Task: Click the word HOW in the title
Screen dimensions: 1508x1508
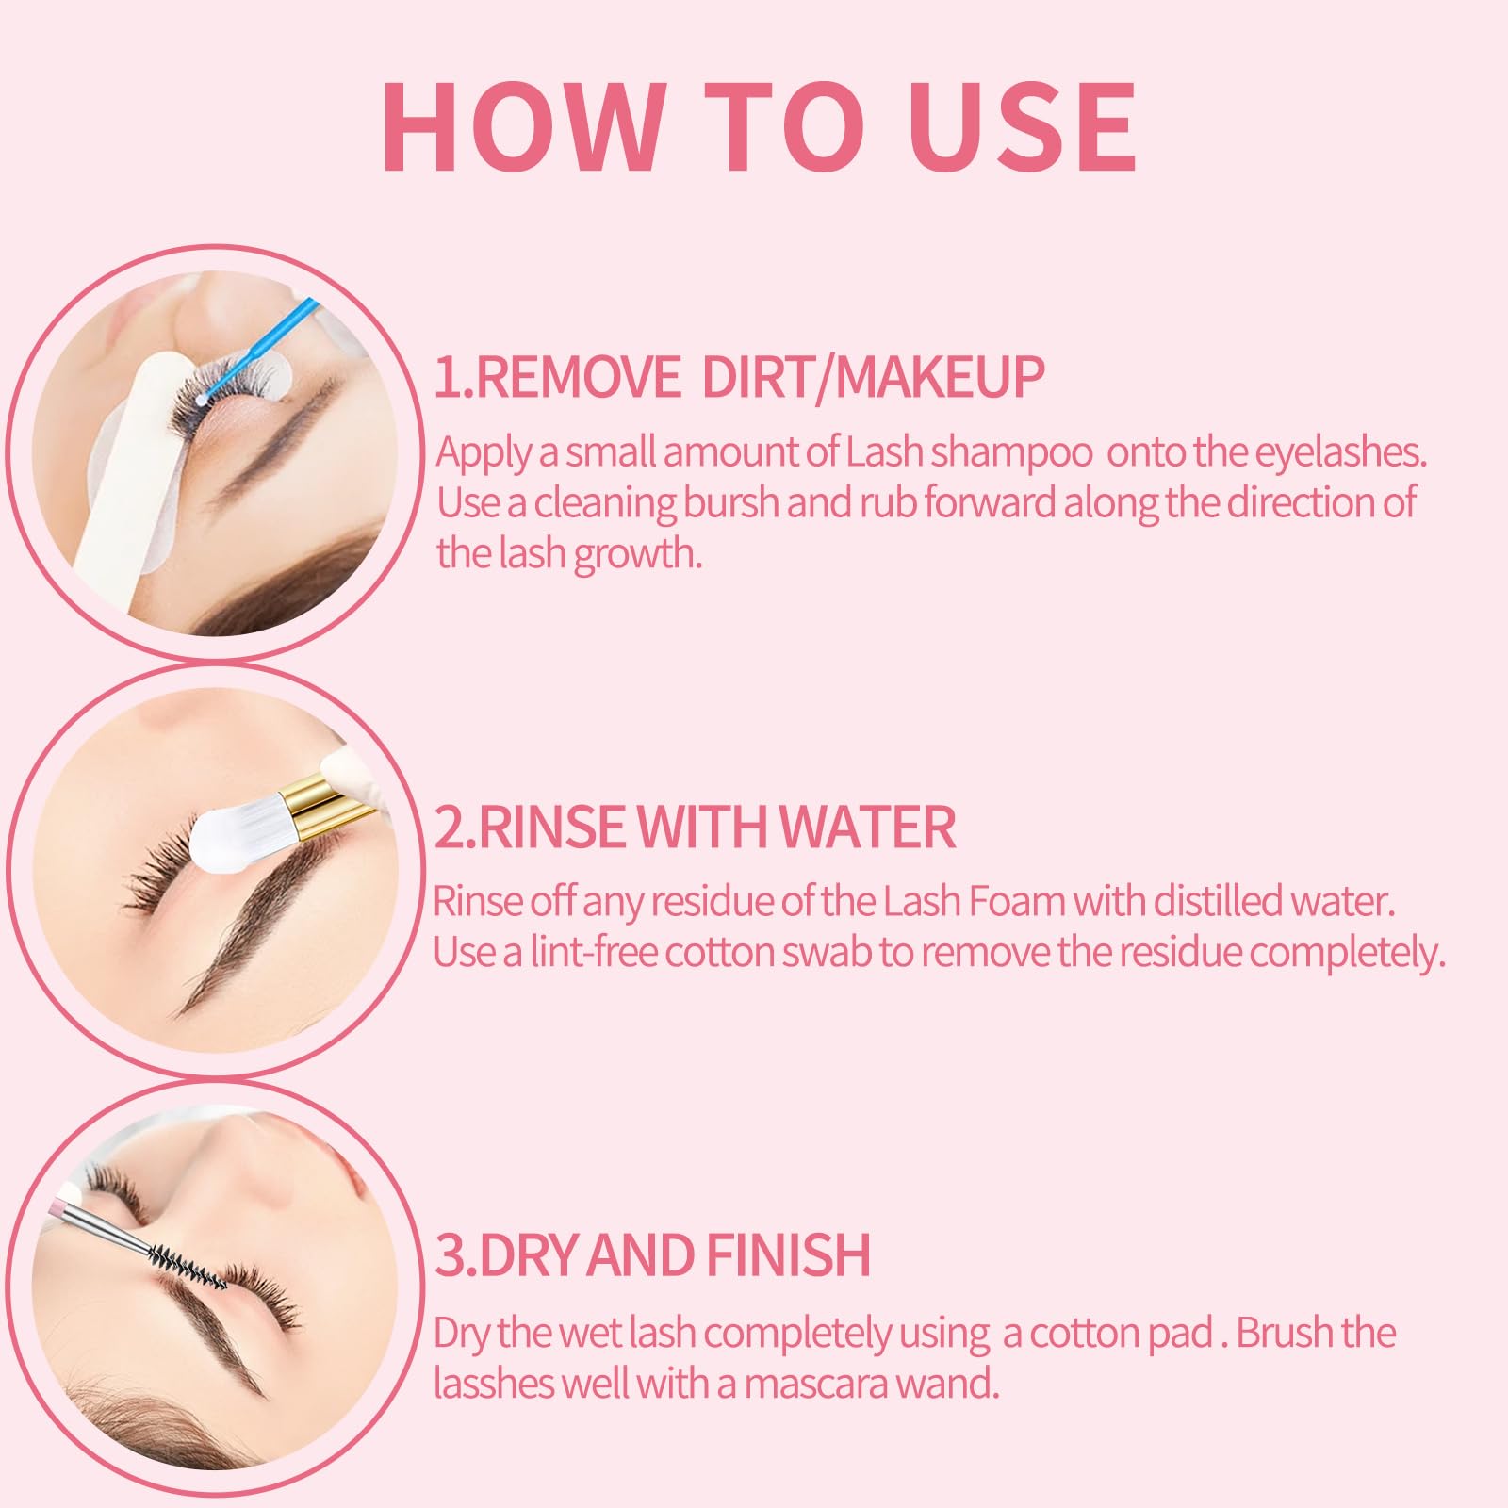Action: [x=521, y=126]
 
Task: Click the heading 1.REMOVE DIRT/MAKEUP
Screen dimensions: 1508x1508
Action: [x=739, y=377]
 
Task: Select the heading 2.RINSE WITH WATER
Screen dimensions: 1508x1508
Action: [x=695, y=827]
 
